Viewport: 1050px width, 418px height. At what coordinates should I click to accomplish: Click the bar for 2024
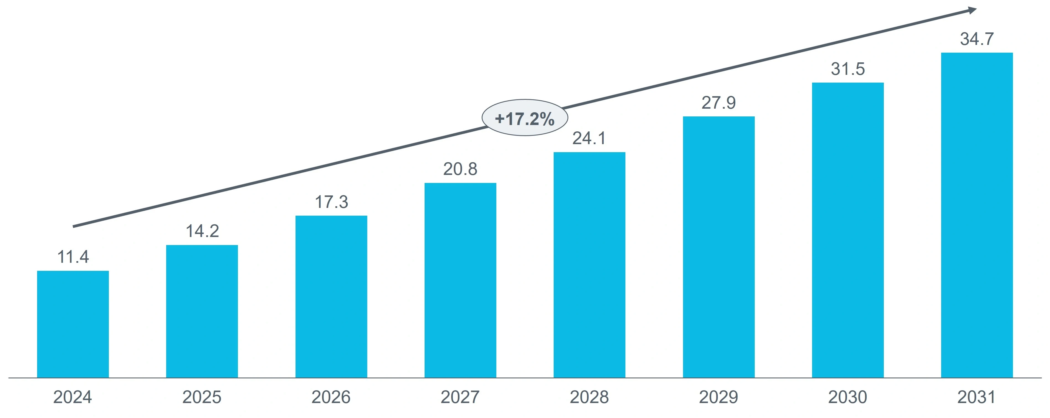tap(73, 324)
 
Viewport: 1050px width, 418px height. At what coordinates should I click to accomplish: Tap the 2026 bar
tap(331, 297)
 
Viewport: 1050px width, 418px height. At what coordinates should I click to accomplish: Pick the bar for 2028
tap(589, 265)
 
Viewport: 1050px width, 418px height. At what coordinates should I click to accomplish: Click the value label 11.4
tap(73, 257)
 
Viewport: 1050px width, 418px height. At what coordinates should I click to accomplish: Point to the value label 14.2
tap(202, 231)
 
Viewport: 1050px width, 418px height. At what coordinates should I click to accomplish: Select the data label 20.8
tap(460, 169)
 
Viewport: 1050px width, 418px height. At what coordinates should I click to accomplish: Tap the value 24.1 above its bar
tap(589, 138)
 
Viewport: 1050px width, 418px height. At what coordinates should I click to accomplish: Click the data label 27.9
tap(719, 103)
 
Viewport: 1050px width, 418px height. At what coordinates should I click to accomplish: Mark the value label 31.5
tap(848, 69)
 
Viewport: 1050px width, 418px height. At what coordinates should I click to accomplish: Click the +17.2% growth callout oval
tap(525, 118)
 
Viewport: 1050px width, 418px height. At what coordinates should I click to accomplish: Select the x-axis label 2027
tap(460, 397)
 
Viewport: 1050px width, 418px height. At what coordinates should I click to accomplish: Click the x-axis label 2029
tap(719, 397)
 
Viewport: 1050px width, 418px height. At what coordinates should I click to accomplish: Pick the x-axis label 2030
tap(848, 397)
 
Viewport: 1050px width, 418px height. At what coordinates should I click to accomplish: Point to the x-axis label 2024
tap(73, 397)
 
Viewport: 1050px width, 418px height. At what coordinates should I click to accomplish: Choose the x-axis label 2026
tap(331, 397)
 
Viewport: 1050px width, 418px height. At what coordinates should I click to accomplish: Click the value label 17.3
tap(331, 202)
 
